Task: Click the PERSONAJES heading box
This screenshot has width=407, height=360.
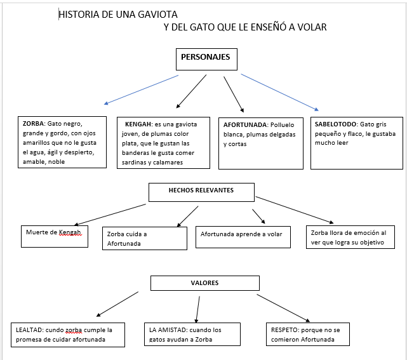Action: [206, 58]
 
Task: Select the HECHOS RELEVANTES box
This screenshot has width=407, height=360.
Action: [201, 191]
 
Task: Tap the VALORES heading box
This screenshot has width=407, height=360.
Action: [204, 283]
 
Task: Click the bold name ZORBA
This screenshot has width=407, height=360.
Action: [33, 124]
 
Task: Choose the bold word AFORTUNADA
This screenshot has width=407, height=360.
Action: [244, 124]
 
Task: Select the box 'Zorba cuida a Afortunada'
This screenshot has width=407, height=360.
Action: [144, 238]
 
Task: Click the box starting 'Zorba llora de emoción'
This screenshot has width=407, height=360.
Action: [350, 237]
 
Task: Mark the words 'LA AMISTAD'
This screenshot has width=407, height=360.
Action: [166, 330]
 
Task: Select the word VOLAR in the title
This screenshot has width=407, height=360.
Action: [312, 27]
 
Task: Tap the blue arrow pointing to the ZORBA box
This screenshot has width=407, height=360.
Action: [141, 90]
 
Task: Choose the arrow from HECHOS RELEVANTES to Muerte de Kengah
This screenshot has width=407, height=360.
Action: [102, 214]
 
